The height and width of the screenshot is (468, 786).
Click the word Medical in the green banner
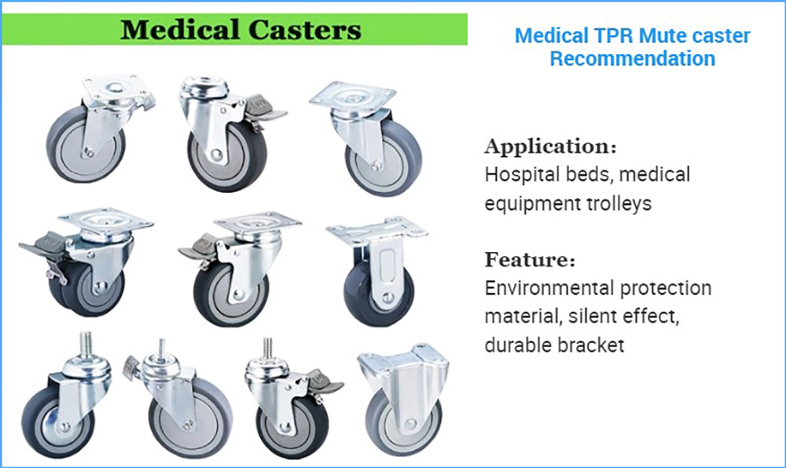181,30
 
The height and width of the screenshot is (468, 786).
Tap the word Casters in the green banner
305,30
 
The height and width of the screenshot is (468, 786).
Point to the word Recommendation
633,59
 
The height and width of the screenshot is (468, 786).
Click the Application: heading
550,147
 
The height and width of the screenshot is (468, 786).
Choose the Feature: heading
530,260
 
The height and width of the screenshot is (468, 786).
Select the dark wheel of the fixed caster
379,292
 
